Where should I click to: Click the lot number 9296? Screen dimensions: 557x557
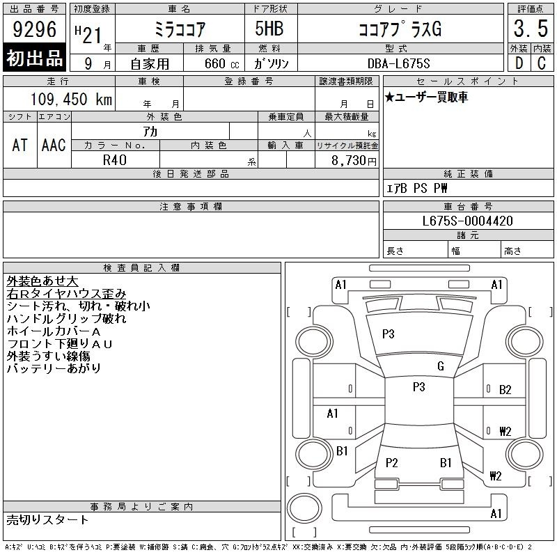pos(34,29)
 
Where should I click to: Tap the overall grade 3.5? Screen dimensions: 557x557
pos(531,29)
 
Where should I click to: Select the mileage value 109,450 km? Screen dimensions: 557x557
pos(71,99)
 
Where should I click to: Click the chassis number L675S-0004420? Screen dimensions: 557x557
pos(467,221)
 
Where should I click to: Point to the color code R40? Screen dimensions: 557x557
pos(115,160)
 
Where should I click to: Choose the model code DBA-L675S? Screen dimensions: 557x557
pos(398,63)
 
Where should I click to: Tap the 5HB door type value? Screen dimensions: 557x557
pos(269,29)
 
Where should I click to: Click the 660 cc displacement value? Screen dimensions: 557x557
pos(221,63)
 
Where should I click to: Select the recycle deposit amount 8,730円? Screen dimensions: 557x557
pos(354,161)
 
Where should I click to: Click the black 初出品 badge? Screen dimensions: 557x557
pos(34,57)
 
